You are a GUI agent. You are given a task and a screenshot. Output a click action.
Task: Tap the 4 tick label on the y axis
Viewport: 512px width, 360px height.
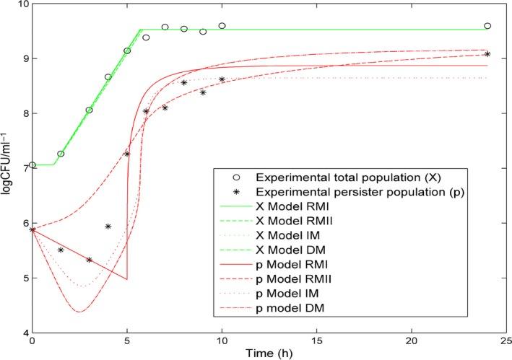(x=23, y=333)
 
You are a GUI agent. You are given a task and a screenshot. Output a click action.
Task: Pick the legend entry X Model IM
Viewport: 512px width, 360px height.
(x=278, y=234)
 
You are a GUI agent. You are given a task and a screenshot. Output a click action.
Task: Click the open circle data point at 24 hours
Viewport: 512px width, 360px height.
(x=487, y=26)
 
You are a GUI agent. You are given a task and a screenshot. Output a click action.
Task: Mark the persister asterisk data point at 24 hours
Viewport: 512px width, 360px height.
(x=487, y=54)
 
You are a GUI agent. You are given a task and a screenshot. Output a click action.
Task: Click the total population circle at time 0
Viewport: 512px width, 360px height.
(x=32, y=165)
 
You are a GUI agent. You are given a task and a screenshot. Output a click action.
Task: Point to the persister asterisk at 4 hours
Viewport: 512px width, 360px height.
(x=108, y=227)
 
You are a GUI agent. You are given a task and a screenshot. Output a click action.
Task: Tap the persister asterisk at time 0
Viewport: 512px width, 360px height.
(x=32, y=229)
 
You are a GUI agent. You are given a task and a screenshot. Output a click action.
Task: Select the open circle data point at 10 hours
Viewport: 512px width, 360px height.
(x=222, y=26)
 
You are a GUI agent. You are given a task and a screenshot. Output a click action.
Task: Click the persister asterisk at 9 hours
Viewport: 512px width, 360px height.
(x=203, y=92)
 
